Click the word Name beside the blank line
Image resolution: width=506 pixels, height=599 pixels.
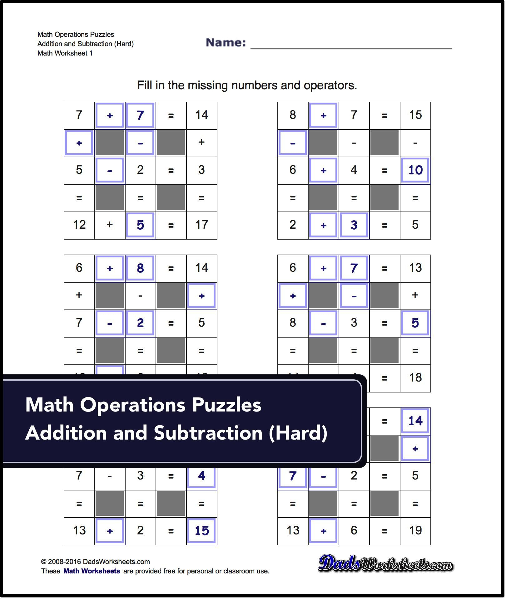click(226, 42)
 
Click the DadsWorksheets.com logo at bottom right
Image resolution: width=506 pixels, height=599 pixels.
click(385, 564)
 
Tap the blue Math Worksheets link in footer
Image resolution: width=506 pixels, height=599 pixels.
click(92, 571)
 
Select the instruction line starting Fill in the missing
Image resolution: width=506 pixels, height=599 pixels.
click(247, 85)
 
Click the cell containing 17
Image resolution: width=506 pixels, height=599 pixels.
click(201, 225)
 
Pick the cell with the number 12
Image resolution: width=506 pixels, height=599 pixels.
click(79, 225)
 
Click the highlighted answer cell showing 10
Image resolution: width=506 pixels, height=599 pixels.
click(415, 170)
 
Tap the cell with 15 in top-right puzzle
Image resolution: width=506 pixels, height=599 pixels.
click(415, 115)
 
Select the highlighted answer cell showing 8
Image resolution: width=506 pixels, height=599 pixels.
click(140, 268)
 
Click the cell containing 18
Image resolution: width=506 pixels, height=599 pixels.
click(415, 378)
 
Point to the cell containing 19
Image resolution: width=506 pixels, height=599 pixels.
click(415, 531)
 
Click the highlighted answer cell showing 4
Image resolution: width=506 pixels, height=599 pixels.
click(201, 476)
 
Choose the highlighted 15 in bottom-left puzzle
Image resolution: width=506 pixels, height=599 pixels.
click(201, 531)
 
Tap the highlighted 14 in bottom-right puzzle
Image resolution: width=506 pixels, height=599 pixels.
click(415, 421)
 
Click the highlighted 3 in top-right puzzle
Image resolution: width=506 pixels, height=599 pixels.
click(354, 225)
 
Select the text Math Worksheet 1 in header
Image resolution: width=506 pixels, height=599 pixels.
click(65, 53)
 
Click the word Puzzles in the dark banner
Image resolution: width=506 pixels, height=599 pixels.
click(226, 405)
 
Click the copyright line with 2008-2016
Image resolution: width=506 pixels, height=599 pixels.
click(96, 562)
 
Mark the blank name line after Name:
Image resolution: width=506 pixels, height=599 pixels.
click(351, 47)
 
